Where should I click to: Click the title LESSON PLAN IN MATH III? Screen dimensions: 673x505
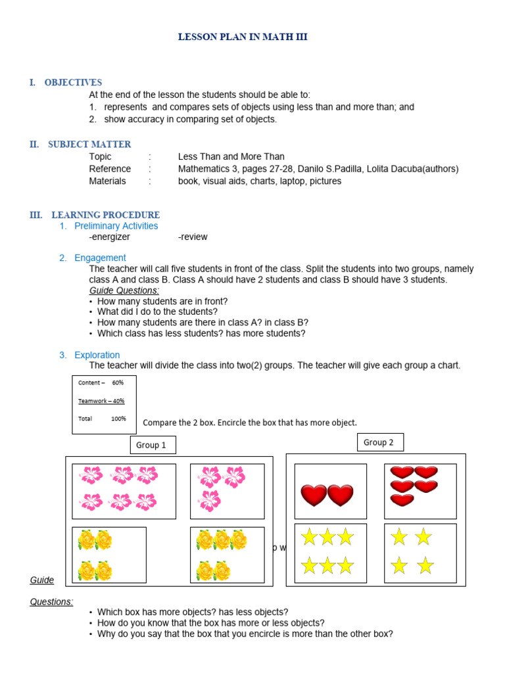pos(243,37)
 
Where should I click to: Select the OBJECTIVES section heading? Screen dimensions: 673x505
pos(73,83)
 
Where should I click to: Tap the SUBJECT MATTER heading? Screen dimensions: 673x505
pos(89,145)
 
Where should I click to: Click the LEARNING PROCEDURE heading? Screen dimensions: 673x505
pos(105,215)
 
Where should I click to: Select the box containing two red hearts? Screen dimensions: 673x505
pos(330,492)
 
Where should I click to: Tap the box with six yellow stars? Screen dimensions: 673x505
pos(330,553)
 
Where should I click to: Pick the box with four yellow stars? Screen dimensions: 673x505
pos(420,553)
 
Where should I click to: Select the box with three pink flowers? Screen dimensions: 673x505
pos(227,491)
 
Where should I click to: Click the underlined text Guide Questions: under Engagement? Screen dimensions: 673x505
pos(124,290)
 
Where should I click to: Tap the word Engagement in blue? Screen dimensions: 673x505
pos(100,258)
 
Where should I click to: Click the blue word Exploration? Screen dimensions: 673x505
pos(97,355)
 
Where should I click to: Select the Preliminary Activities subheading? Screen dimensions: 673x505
pos(116,226)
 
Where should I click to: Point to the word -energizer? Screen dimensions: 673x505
pos(110,237)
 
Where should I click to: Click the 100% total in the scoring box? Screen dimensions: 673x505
pos(118,419)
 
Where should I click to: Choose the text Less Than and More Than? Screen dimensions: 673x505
pos(231,156)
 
